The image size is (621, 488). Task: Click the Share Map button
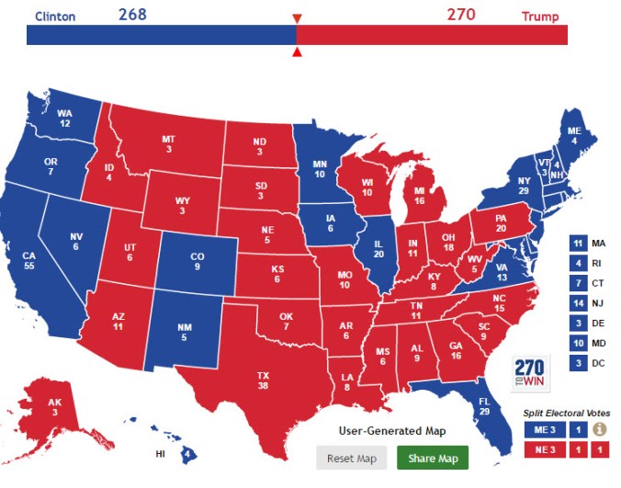433,458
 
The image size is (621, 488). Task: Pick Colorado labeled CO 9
197,261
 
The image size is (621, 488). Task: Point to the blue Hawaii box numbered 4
187,453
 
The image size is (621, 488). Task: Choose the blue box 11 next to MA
579,244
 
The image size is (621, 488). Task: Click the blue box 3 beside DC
579,363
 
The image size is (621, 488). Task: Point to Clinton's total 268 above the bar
132,14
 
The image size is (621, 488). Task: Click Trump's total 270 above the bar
461,14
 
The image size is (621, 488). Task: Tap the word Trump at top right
539,16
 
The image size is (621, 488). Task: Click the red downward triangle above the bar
296,18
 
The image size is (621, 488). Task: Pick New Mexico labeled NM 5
184,330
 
